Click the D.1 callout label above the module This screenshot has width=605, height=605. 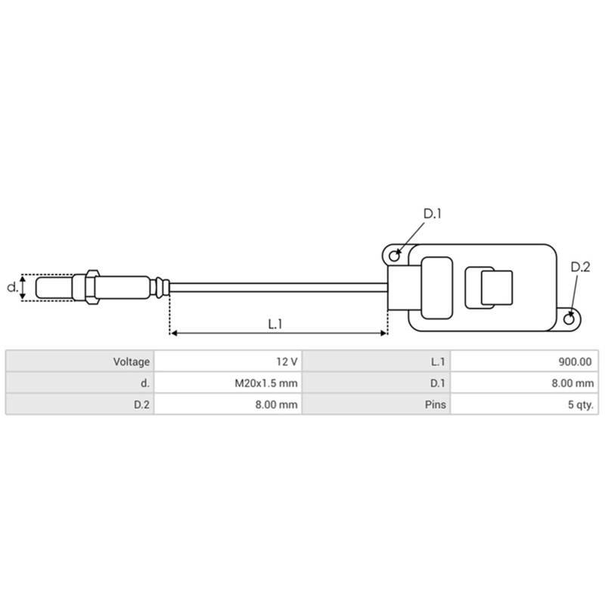[432, 214]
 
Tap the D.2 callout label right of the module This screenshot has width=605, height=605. [579, 267]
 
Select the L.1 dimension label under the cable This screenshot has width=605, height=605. [275, 323]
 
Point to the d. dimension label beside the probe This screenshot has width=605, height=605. [11, 287]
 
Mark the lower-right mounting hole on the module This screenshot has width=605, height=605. [572, 318]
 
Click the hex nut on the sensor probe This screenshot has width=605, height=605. [91, 287]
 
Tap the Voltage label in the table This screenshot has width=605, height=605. [132, 361]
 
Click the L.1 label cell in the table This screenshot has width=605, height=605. [437, 361]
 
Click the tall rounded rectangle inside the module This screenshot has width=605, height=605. [436, 287]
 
